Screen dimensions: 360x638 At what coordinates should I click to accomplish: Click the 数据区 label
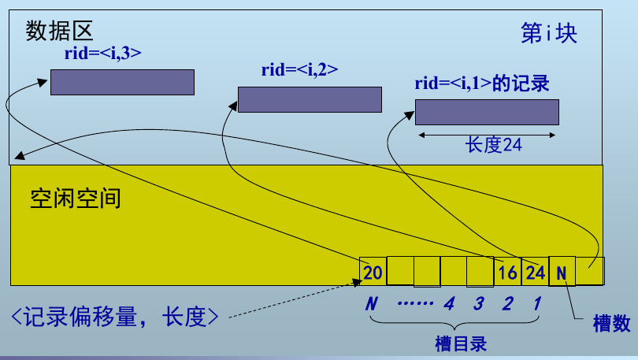(x=59, y=31)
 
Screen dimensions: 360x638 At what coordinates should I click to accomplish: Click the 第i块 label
(x=549, y=34)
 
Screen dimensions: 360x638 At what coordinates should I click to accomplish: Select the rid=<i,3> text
(x=102, y=54)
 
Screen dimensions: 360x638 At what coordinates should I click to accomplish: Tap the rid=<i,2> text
(x=299, y=69)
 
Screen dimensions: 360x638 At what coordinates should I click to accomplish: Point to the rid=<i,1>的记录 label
(x=481, y=84)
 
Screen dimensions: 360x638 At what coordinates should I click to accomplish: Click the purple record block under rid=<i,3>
(x=122, y=82)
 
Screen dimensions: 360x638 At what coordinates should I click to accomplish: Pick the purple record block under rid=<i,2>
(x=310, y=99)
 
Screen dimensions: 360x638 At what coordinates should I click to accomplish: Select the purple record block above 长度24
(x=487, y=112)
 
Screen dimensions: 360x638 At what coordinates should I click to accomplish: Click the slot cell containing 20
(x=373, y=272)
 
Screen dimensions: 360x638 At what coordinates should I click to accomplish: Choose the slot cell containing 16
(x=508, y=273)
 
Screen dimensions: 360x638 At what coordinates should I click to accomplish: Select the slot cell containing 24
(x=535, y=273)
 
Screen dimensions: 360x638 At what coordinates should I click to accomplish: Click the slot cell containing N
(x=562, y=273)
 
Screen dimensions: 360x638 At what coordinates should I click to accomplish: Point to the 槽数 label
(x=612, y=323)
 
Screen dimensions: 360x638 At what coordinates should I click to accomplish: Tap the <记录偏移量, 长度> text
(x=114, y=317)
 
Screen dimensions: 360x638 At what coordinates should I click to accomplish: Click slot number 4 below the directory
(x=450, y=303)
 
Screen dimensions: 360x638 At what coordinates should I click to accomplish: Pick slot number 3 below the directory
(x=478, y=303)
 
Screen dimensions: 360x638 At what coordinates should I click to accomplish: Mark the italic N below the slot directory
(x=372, y=303)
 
